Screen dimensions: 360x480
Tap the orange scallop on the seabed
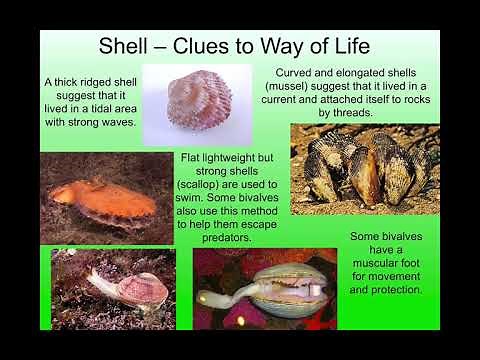105,197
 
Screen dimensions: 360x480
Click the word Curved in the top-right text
296,71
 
